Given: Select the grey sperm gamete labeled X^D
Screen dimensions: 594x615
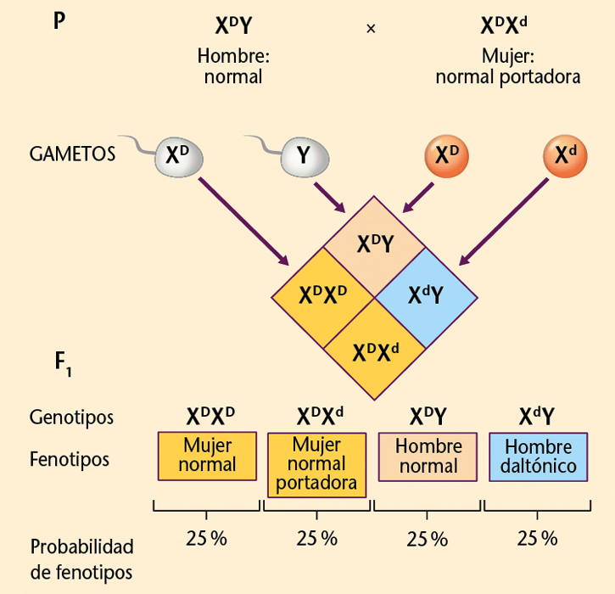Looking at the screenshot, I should (x=176, y=156).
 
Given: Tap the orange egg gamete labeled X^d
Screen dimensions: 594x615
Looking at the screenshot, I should (x=565, y=155).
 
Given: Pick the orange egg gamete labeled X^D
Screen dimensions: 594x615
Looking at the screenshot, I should (x=446, y=155).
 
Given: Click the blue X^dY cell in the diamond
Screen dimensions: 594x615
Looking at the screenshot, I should (x=425, y=295).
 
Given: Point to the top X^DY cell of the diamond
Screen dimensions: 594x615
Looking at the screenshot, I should (x=373, y=244).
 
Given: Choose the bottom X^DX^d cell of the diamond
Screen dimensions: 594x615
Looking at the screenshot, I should (x=375, y=349).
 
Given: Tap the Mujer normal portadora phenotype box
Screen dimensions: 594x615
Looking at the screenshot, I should (x=316, y=464).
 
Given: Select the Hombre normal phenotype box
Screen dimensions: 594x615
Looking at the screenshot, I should (x=428, y=456).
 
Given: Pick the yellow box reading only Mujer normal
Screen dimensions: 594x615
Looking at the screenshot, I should (x=208, y=456).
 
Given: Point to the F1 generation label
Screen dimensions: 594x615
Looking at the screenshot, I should (x=63, y=363).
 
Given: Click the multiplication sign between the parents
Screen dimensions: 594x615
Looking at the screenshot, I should (x=371, y=29).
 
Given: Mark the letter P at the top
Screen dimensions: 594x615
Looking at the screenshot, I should (x=59, y=20).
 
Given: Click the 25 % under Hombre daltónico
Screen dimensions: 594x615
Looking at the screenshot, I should (x=538, y=539).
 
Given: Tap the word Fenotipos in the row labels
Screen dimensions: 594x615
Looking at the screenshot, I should (x=70, y=459).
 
